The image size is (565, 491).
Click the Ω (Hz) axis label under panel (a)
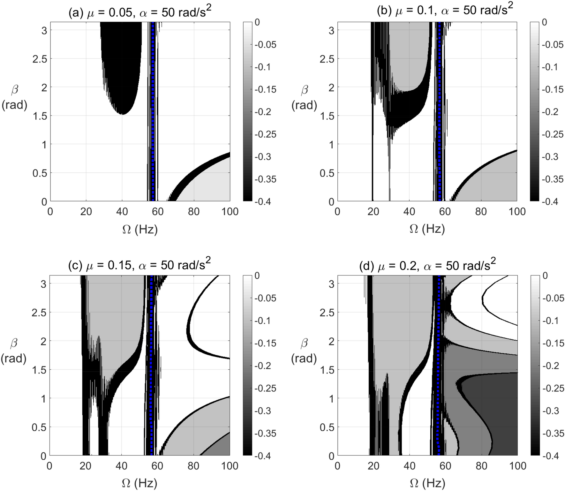140,229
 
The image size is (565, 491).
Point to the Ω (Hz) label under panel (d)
427,482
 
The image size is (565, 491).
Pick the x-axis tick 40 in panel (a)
122,211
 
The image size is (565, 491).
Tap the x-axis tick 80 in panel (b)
481,211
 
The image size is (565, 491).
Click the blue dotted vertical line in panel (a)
153,112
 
